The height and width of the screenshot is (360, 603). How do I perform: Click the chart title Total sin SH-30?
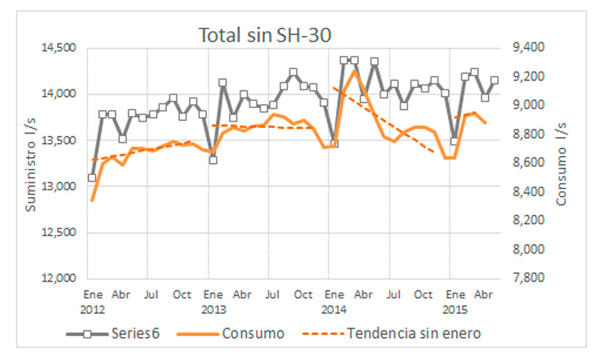[264, 35]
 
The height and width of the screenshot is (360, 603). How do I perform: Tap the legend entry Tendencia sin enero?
[415, 333]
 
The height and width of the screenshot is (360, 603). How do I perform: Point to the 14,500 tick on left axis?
[59, 48]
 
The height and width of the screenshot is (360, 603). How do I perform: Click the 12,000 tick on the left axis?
[59, 279]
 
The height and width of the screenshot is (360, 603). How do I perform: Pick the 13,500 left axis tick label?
[59, 140]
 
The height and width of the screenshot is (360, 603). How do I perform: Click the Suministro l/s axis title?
[30, 163]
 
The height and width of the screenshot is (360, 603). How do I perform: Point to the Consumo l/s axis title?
[562, 163]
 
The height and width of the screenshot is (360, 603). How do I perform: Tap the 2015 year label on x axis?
[454, 308]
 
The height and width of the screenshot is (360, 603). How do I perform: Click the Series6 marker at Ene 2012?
[92, 178]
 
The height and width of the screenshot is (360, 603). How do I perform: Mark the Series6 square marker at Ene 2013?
[213, 159]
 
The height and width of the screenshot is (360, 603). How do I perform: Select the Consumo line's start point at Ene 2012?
[92, 200]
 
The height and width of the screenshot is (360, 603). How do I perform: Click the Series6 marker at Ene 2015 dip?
[455, 141]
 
